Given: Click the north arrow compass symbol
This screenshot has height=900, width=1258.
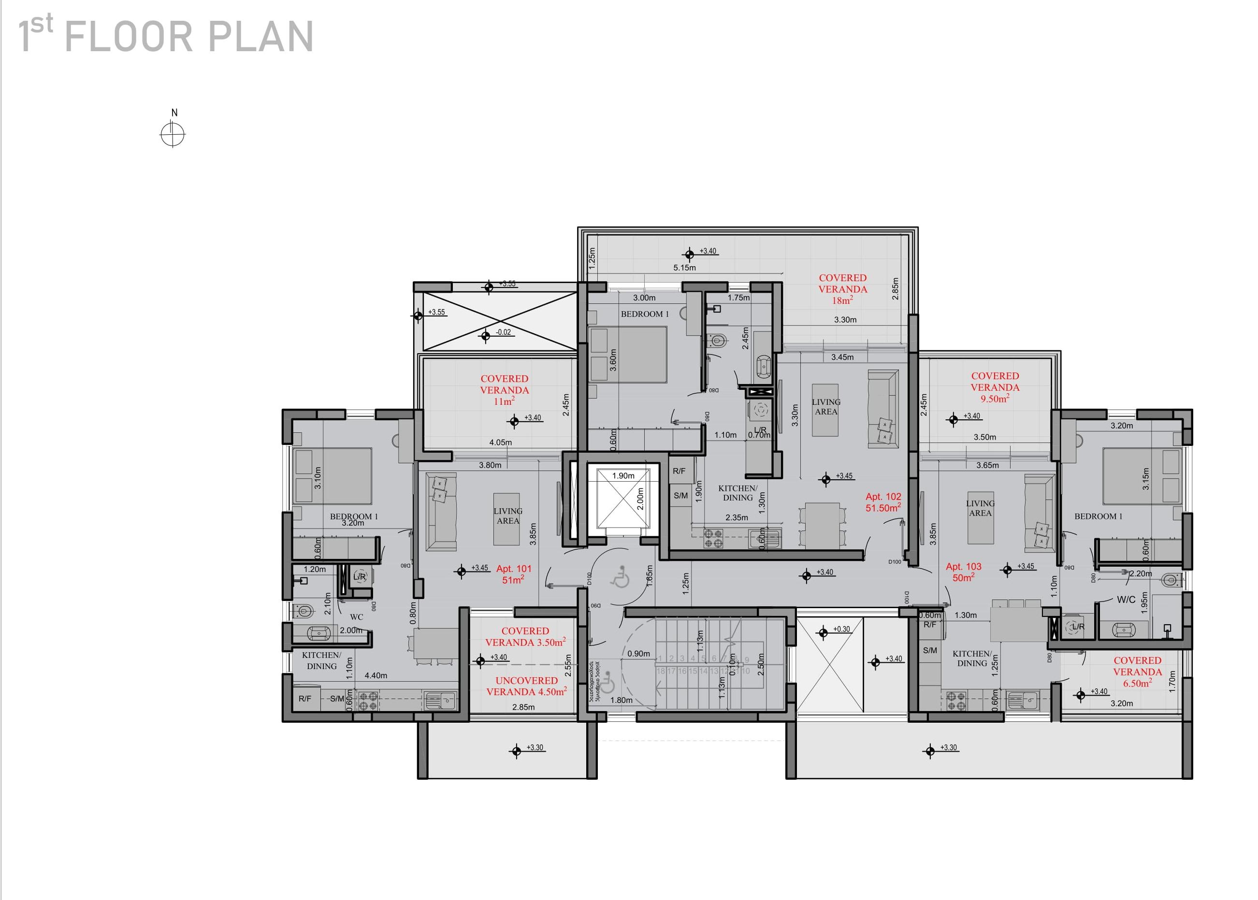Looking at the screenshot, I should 172,133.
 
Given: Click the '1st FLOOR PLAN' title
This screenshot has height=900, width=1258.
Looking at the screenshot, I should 166,37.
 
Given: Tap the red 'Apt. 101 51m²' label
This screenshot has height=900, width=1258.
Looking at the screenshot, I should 513,574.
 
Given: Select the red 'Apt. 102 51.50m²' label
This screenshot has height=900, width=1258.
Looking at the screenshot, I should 883,502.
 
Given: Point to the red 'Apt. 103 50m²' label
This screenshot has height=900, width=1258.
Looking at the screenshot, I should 964,572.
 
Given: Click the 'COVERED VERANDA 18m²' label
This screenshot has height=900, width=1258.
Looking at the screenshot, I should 842,289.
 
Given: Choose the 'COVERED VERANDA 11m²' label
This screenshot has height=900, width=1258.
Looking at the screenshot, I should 504,389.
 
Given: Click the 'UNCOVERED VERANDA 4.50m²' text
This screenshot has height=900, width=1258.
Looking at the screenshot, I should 526,686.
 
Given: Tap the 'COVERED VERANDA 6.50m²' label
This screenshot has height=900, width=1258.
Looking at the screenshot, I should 1137,671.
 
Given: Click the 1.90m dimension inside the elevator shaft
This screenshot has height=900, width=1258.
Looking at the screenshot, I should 623,475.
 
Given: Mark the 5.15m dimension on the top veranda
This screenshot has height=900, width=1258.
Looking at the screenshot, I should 684,268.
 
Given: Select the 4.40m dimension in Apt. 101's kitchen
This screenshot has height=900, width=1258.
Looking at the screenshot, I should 376,675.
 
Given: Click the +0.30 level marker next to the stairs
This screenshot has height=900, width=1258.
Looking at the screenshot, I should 841,629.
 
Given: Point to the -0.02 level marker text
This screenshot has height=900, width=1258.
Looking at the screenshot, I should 503,332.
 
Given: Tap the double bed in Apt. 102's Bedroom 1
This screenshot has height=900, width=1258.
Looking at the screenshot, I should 628,355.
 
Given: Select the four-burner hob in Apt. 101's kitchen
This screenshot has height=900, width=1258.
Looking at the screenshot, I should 369,701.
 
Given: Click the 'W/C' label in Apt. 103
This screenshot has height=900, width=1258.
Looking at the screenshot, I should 1126,600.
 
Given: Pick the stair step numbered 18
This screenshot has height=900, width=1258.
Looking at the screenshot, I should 660,671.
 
